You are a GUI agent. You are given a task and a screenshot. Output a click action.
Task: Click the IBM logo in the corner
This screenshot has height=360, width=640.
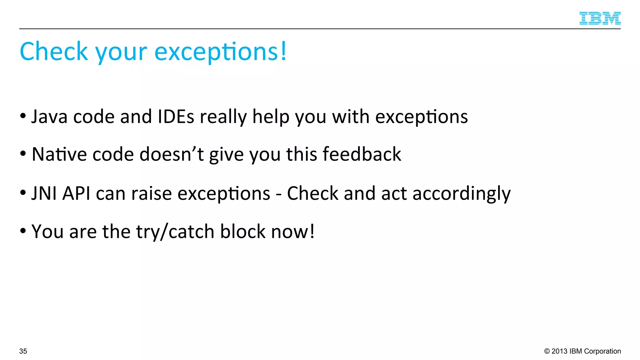600,18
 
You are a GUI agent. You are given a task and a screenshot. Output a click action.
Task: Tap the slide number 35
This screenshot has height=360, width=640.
23,351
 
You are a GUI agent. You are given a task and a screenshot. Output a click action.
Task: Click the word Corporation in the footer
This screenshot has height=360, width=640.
602,351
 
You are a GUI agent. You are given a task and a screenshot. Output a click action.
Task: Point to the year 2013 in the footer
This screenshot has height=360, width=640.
559,351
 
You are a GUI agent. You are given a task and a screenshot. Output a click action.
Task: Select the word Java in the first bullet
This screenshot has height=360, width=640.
49,117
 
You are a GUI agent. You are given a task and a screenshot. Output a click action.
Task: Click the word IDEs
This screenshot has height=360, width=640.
176,117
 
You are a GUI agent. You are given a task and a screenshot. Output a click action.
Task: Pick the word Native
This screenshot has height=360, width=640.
59,154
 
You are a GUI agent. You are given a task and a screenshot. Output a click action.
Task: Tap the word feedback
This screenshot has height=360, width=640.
362,154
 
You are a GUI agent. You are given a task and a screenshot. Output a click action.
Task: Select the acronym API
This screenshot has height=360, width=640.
76,193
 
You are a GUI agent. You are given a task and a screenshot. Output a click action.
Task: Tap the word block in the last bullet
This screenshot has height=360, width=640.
242,232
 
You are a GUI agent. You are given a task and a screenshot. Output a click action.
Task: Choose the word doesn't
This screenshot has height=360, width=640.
172,154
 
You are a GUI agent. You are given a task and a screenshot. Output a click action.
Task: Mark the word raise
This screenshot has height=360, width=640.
152,193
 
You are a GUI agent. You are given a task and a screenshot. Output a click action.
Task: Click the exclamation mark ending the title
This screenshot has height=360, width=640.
283,51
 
